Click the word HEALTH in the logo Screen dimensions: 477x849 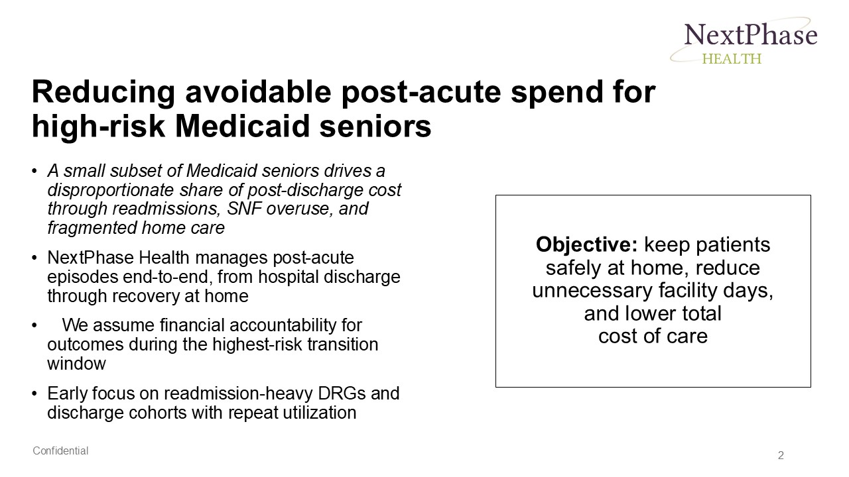(x=732, y=58)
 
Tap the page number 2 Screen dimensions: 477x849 (x=781, y=455)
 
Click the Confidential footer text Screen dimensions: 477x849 (x=60, y=451)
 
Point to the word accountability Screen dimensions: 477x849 (x=296, y=325)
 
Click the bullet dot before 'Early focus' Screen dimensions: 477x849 (x=34, y=394)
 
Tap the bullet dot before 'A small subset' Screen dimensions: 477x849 (x=34, y=171)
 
